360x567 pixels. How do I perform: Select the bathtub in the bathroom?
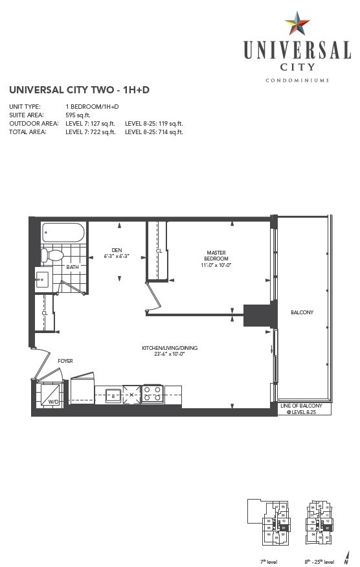pyautogui.click(x=63, y=233)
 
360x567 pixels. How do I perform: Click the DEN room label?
pyautogui.click(x=117, y=249)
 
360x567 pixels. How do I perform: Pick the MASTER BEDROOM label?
pyautogui.click(x=216, y=255)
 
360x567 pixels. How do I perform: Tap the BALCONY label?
pyautogui.click(x=302, y=312)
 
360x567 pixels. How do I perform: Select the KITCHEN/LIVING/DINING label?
pyautogui.click(x=170, y=348)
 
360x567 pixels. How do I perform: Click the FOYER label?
pyautogui.click(x=65, y=360)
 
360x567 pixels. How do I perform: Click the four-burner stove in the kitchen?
pyautogui.click(x=152, y=393)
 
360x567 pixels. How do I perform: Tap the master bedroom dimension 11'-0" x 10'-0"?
pyautogui.click(x=216, y=264)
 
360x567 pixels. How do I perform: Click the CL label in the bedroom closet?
pyautogui.click(x=159, y=250)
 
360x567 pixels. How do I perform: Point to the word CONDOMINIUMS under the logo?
pyautogui.click(x=298, y=80)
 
